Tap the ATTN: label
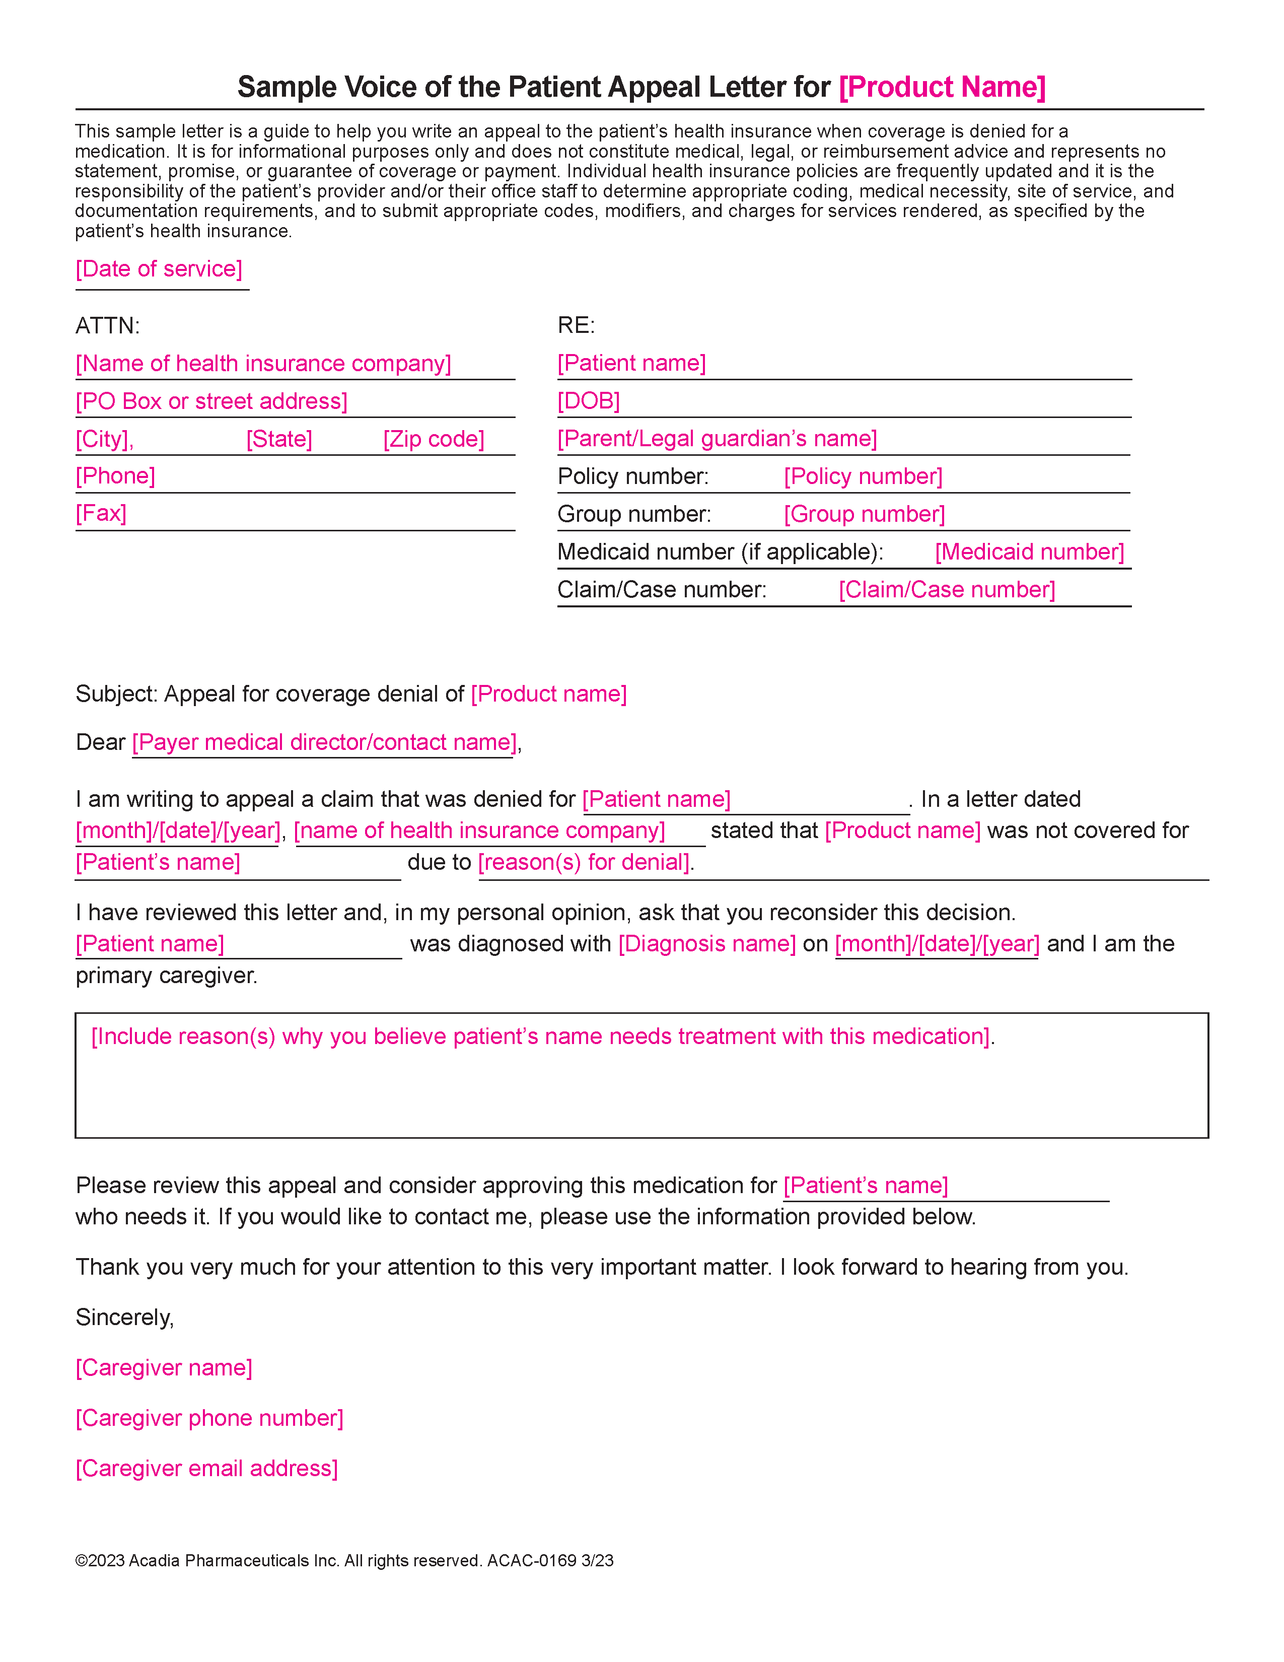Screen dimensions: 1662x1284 point(107,326)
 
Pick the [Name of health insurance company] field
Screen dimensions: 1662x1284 point(263,364)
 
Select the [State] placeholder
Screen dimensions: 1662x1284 point(279,439)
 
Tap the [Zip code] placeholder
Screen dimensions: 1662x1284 point(434,439)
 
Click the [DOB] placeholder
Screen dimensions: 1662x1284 point(589,401)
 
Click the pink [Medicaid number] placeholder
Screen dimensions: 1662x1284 point(1029,551)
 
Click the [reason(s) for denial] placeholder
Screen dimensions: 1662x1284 point(584,862)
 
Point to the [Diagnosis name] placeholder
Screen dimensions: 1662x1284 point(706,944)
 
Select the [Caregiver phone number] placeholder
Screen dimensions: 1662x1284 point(209,1418)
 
